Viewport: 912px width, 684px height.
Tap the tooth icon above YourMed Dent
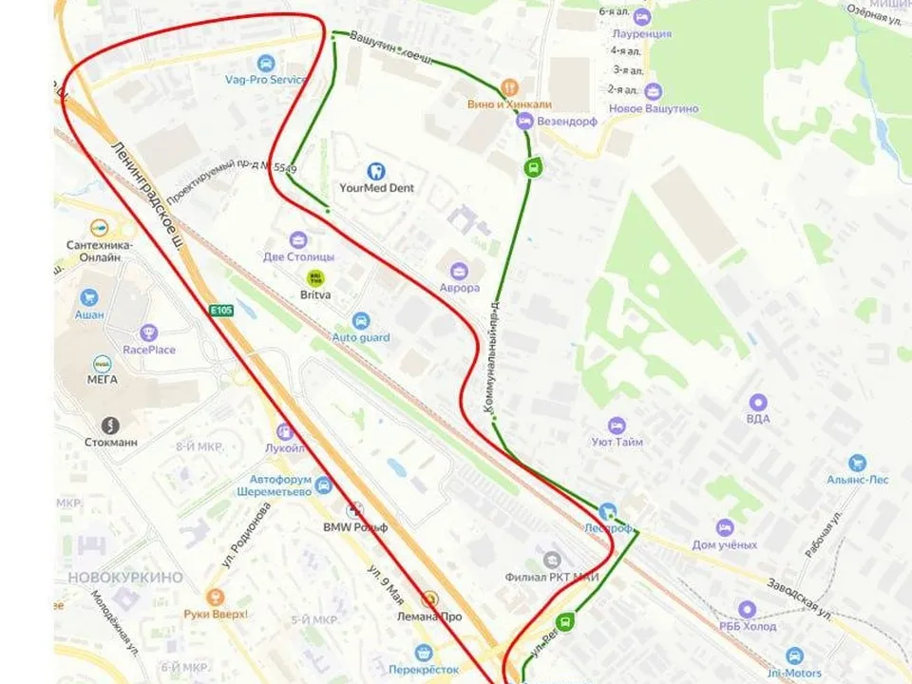376,171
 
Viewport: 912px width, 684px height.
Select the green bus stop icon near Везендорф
533,169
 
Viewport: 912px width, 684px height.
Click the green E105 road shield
221,311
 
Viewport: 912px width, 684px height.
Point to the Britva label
315,294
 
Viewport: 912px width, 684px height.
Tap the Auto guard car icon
360,321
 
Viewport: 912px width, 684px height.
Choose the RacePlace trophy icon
148,332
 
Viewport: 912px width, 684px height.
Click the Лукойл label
285,448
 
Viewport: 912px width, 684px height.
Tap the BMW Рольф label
355,527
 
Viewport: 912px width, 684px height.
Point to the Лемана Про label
429,617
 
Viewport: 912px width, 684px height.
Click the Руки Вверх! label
216,615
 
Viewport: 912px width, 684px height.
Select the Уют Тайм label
617,442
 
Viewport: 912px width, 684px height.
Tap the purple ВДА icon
757,402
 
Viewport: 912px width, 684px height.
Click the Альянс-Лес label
856,481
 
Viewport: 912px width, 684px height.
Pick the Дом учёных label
725,544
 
